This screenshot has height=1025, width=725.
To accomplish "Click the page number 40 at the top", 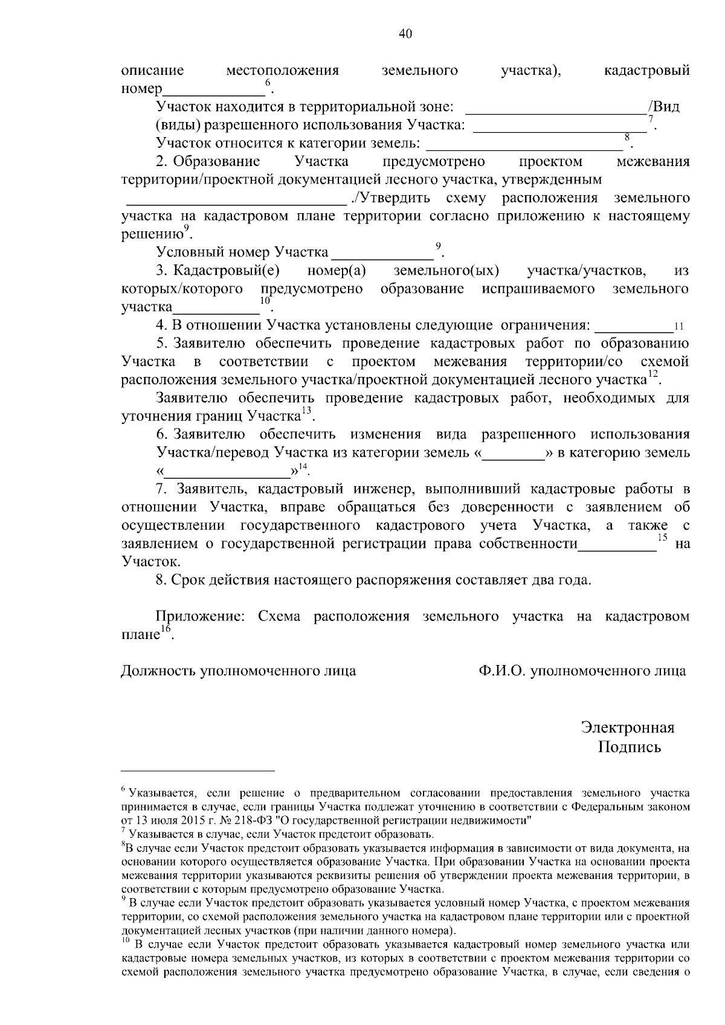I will [x=405, y=34].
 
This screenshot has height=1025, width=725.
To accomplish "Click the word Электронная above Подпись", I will [x=627, y=727].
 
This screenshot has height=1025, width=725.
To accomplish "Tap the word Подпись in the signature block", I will [x=630, y=747].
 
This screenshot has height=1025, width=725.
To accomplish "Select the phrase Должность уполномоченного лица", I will [x=239, y=671].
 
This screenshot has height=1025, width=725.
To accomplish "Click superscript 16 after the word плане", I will [x=166, y=629].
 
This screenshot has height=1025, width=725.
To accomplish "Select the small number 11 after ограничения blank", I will [x=678, y=327].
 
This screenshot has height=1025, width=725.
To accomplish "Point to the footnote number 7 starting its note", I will [x=123, y=832].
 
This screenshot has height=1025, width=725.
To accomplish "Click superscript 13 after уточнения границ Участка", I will [x=306, y=411].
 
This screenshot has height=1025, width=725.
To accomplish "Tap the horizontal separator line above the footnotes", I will [x=198, y=771].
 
